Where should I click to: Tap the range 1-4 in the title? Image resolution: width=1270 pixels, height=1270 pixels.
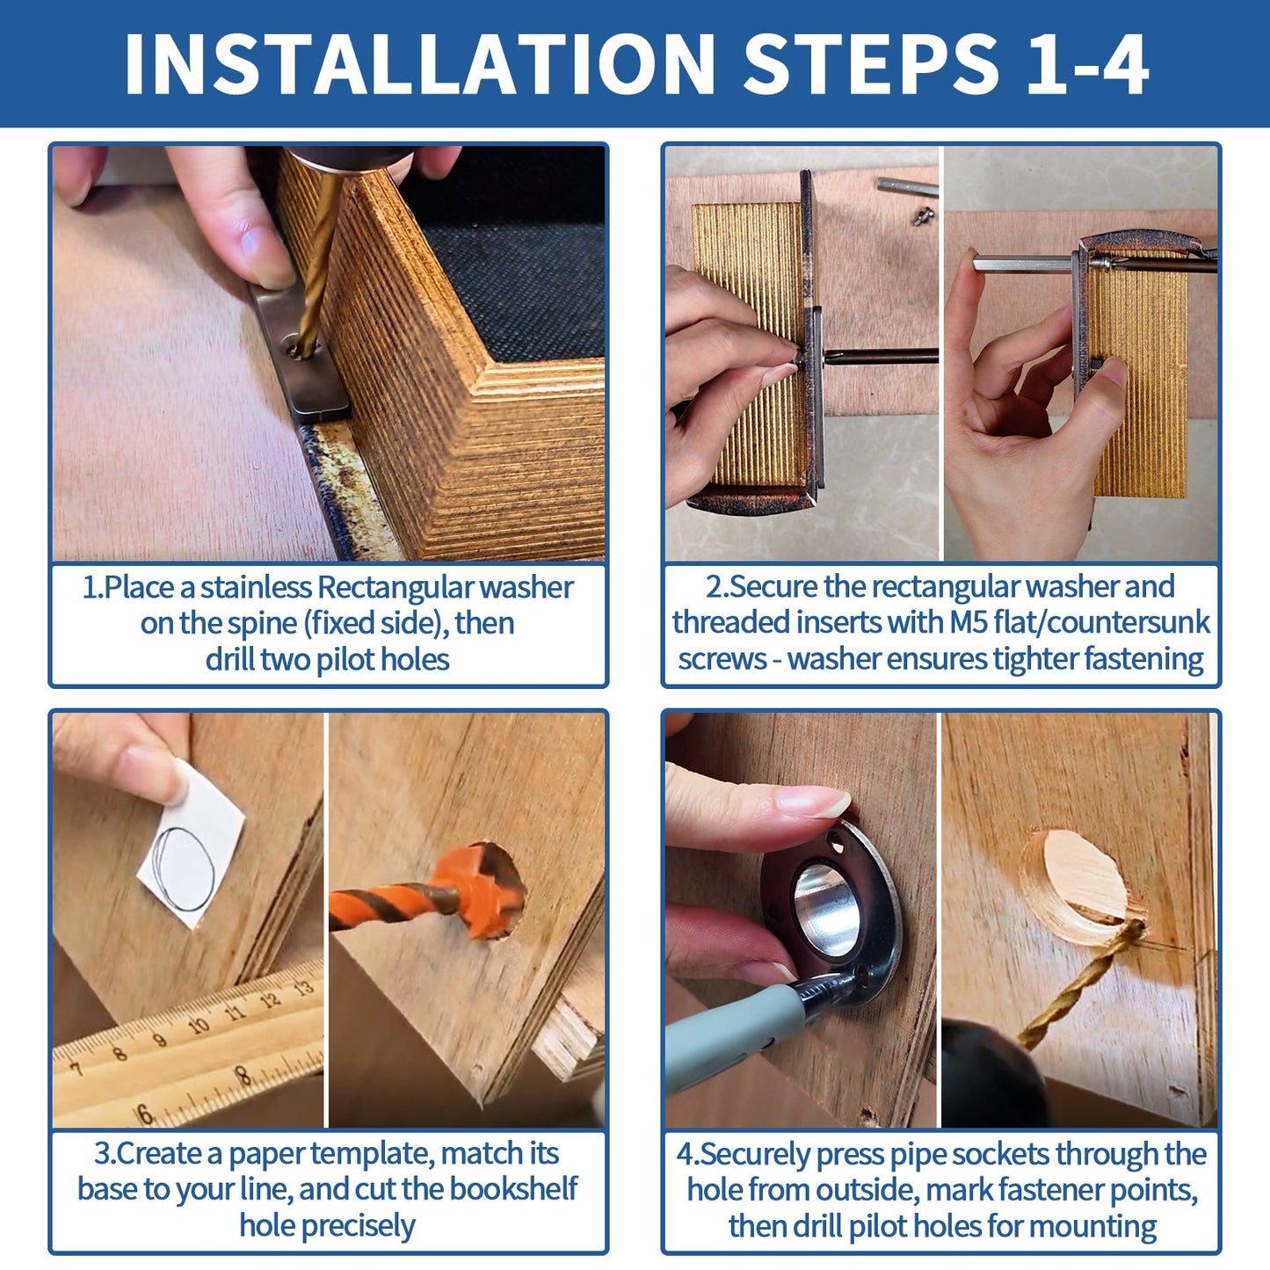click(x=1087, y=64)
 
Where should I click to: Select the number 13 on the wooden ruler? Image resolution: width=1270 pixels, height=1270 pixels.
click(x=301, y=988)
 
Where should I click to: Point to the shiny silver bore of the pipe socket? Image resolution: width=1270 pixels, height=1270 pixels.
click(x=826, y=910)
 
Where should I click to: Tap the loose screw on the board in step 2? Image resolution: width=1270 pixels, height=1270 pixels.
click(x=924, y=215)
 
